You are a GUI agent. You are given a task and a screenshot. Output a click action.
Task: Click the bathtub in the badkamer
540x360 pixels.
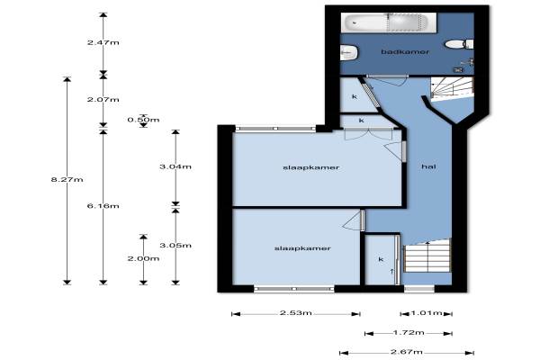[389, 22]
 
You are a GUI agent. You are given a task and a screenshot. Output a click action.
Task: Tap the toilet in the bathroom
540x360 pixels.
[459, 44]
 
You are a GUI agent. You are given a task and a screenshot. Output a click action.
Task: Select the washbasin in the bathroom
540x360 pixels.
[349, 53]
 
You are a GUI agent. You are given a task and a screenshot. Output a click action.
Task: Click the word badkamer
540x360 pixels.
[405, 52]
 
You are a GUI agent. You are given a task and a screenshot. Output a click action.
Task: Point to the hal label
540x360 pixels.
[428, 166]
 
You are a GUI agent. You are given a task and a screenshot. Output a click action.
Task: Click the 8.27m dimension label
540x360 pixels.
[67, 179]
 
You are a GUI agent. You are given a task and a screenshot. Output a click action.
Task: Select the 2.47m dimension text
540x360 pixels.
[103, 42]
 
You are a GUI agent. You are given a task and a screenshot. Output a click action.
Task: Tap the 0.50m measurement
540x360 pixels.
[143, 120]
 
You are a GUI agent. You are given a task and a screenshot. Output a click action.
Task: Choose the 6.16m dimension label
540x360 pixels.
[103, 206]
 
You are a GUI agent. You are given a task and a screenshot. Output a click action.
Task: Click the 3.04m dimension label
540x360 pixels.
[175, 166]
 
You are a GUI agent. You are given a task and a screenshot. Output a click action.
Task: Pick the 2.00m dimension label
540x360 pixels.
[143, 258]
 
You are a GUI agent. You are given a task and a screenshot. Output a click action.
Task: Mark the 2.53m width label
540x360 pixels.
[296, 313]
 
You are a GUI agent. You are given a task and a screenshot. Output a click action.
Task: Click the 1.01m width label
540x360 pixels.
[427, 313]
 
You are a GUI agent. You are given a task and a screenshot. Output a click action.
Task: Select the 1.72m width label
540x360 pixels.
[409, 332]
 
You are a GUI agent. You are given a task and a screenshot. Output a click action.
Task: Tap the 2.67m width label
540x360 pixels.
[407, 352]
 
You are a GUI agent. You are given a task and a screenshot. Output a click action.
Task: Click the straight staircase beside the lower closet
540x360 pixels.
[427, 256]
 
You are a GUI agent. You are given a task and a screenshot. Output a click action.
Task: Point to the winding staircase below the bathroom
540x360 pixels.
[452, 88]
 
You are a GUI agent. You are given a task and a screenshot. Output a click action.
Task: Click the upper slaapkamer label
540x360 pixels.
[311, 167]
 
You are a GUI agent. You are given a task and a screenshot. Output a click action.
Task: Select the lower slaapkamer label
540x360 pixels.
[302, 248]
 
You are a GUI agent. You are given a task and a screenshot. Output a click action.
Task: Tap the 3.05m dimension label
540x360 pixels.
[175, 246]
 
